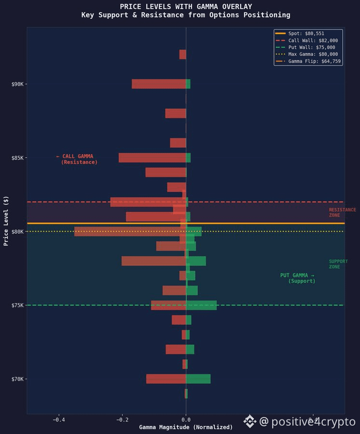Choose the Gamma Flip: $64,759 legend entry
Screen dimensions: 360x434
tap(308, 61)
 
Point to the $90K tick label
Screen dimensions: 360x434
tap(17, 84)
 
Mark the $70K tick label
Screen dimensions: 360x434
tap(17, 379)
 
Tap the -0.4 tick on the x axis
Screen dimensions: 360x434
tap(59, 420)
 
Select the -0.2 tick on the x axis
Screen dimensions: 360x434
tap(123, 420)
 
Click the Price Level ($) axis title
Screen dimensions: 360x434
tap(6, 221)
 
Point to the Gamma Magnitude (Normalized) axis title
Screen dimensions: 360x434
tap(186, 427)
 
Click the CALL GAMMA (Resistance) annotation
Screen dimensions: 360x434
tap(77, 159)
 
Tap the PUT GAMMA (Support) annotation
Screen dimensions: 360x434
tap(298, 278)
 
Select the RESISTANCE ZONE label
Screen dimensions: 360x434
tap(343, 212)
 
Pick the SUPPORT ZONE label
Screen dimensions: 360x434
tap(338, 264)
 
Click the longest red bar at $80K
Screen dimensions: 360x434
tap(130, 231)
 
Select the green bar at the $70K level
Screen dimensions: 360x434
tap(198, 379)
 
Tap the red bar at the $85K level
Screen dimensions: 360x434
tap(152, 158)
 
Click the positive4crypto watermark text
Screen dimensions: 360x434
tap(307, 421)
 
